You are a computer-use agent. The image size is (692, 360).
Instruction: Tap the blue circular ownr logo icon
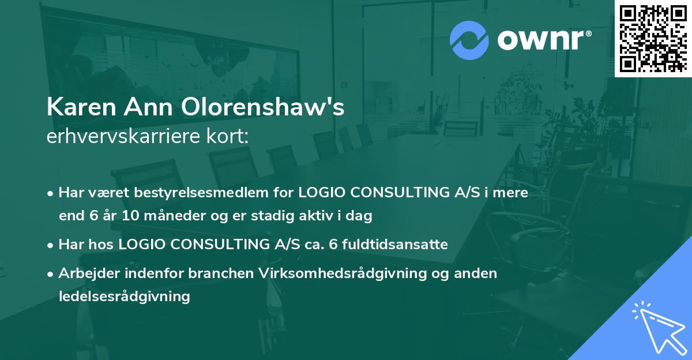click(469, 40)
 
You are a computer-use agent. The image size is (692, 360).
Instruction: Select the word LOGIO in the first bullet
click(319, 193)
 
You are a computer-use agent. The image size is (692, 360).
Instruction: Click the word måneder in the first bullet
click(169, 216)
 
